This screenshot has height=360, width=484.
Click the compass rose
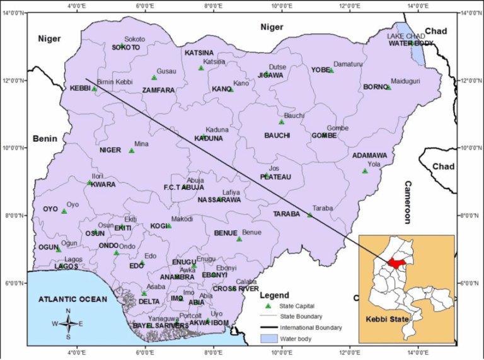(70, 323)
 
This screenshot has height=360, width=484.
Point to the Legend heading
(274, 295)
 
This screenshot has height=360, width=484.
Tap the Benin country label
(45, 139)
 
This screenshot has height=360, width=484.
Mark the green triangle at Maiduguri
(389, 88)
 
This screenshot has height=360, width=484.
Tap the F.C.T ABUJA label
(183, 187)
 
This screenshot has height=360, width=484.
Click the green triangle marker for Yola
(365, 171)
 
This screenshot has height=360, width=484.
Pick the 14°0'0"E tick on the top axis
(418, 6)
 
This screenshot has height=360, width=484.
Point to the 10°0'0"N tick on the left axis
(13, 148)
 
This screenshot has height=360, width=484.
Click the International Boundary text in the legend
(311, 328)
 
